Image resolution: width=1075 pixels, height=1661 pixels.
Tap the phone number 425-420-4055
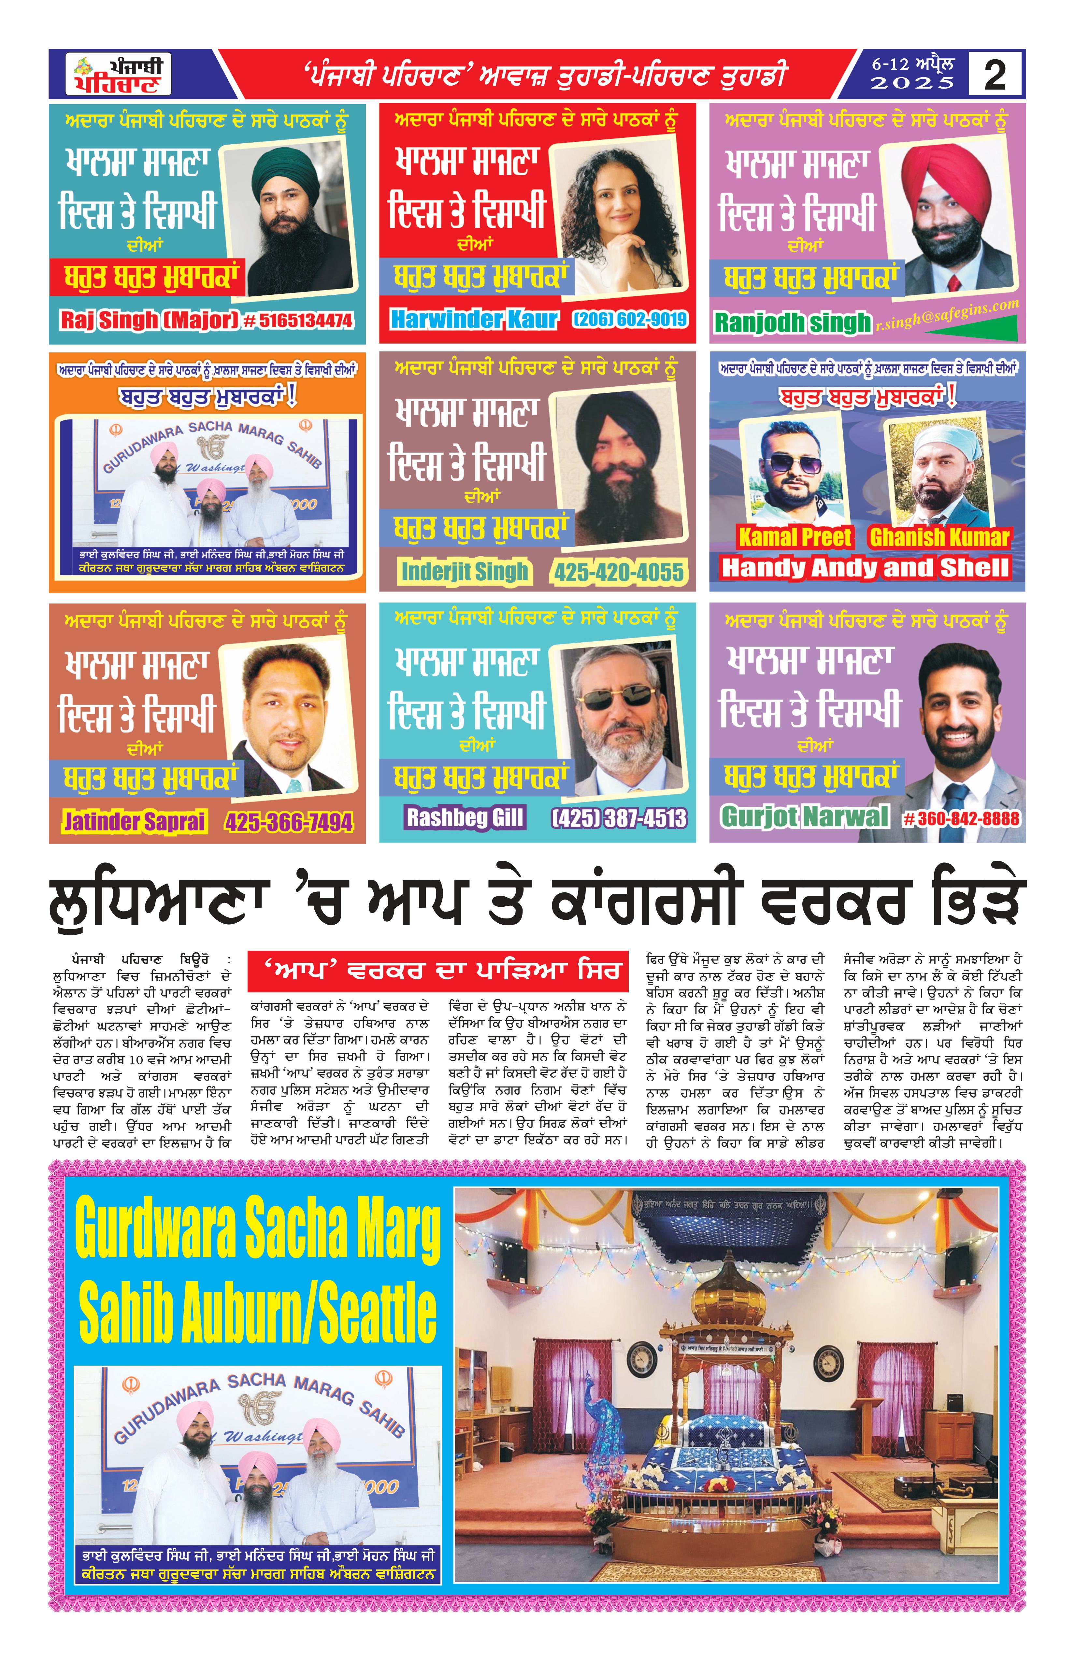click(619, 572)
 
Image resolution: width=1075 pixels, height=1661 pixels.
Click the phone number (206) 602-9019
click(630, 319)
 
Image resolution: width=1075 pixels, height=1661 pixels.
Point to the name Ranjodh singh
click(792, 322)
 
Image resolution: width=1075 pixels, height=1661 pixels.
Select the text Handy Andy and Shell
click(866, 567)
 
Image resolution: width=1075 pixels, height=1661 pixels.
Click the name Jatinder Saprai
click(135, 821)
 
